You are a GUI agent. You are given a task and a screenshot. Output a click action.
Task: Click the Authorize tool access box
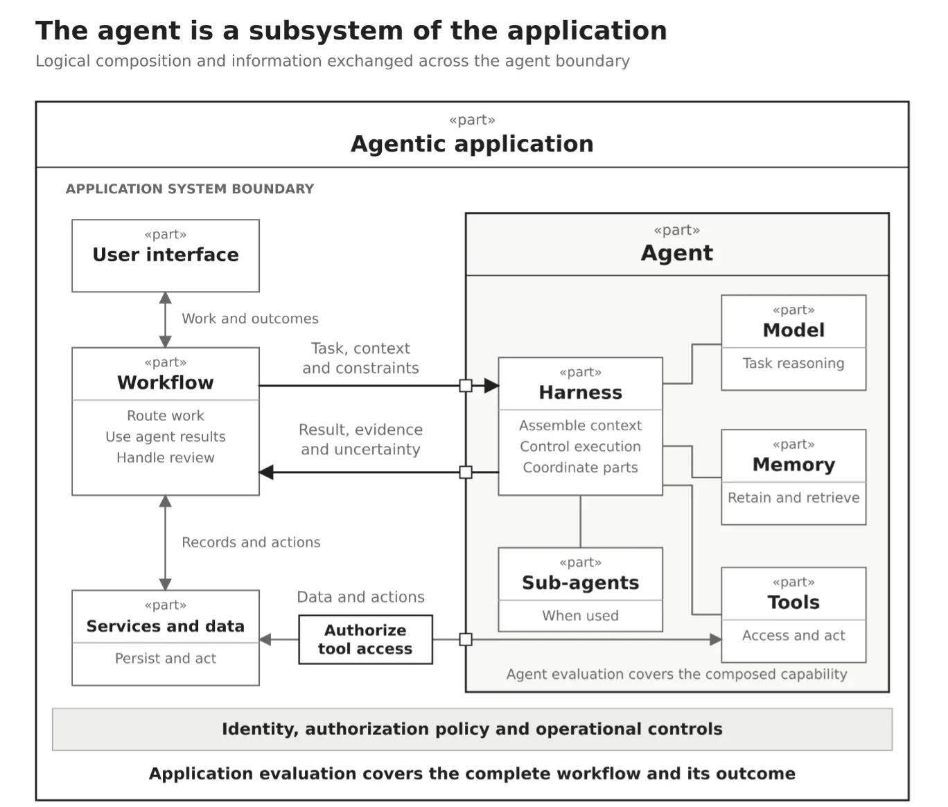point(365,639)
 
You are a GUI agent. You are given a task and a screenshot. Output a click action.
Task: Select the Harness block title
point(580,393)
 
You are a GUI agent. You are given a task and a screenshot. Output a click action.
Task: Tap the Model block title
point(793,330)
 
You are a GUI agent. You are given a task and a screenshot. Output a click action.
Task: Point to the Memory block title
point(793,465)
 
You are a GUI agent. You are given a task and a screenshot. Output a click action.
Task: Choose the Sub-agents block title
point(580,583)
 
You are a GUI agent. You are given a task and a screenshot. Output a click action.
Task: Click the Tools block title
point(793,602)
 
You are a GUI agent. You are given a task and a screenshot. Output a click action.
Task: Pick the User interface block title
point(166,254)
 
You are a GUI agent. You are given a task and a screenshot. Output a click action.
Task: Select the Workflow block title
point(166,382)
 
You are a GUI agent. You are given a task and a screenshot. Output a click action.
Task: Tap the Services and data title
point(166,626)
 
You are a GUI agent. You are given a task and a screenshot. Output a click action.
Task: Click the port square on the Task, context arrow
point(466,386)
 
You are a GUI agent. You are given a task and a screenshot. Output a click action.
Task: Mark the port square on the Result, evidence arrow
point(466,472)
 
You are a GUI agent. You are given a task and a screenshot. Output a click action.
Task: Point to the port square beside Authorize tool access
point(466,639)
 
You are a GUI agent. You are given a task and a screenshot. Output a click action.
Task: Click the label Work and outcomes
point(250,318)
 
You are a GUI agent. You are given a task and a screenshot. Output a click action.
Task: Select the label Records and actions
point(251,542)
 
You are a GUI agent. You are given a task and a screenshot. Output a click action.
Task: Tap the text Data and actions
point(360,596)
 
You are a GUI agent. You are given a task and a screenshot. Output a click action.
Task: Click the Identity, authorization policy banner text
point(472,729)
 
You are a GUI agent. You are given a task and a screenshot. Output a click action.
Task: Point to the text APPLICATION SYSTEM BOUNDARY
point(190,189)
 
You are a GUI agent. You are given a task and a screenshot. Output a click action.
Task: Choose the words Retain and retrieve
point(793,497)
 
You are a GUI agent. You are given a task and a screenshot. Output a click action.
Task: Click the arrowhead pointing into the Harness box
point(491,386)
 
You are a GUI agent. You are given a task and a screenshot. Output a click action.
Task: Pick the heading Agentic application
point(472,144)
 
